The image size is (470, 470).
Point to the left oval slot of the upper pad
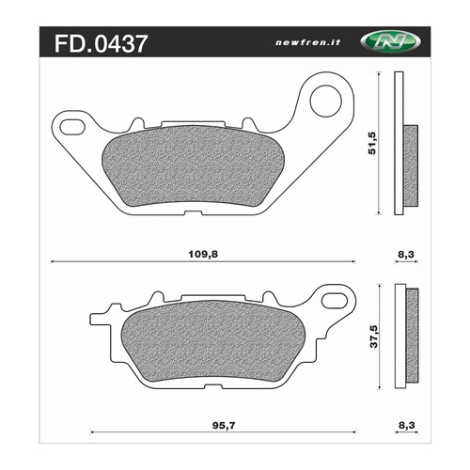coord(73,123)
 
